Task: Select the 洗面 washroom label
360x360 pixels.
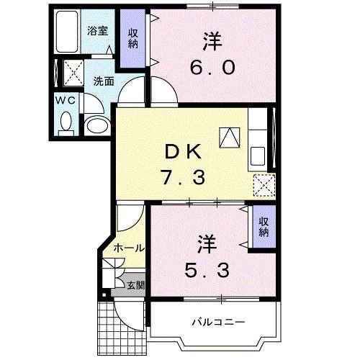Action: coord(104,81)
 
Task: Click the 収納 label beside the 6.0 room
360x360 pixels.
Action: coord(133,39)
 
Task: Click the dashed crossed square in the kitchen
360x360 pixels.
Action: coord(264,185)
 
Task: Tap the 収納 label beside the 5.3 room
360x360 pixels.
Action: coord(264,227)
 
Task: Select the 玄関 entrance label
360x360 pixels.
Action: coord(135,285)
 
